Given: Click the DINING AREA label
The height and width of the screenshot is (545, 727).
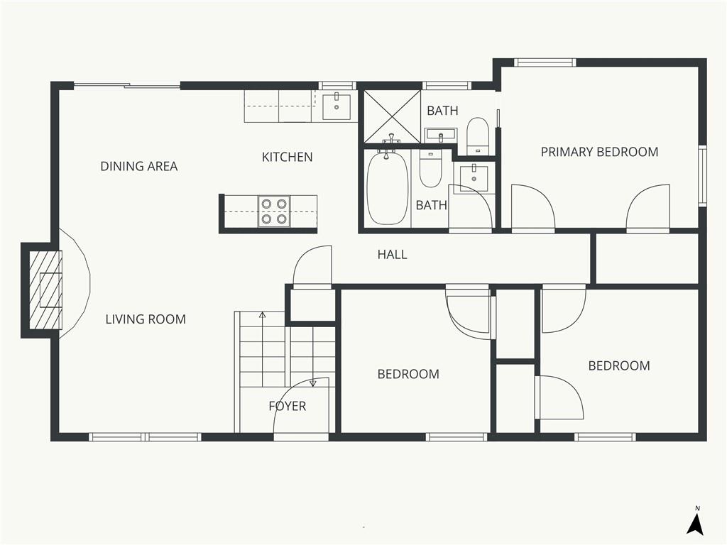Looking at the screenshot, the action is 139,166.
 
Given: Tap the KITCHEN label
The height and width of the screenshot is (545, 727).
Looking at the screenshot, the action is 287,157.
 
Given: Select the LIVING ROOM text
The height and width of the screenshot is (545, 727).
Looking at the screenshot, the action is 146,319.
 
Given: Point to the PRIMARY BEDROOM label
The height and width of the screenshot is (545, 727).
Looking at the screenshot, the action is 599,152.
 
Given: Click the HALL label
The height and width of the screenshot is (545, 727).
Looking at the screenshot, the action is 392,255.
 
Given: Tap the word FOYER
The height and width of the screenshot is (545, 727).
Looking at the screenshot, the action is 288,406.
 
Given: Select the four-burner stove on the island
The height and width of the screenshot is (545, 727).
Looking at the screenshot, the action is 274,211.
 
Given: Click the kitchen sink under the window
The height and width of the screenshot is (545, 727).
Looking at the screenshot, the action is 337,106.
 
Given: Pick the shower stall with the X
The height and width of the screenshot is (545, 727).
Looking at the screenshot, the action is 392,116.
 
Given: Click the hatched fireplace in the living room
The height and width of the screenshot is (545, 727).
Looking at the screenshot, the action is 45,290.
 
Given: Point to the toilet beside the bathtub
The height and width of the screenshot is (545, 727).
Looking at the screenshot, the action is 430,167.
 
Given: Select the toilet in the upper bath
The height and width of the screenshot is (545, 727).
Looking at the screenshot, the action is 477,136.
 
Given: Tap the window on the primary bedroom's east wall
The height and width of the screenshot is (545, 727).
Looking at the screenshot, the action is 703,175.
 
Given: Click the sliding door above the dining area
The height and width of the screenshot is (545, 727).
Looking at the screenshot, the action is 127,85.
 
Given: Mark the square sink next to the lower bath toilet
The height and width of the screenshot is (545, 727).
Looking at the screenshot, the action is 474,177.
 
